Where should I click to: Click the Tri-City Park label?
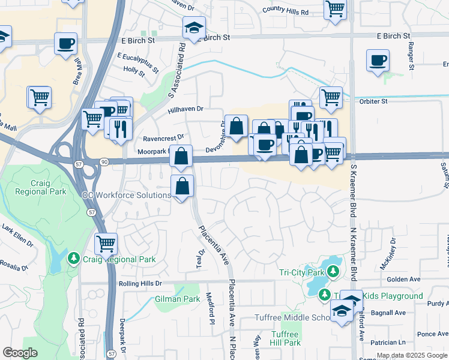tap(301, 272)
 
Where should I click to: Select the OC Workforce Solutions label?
tap(127, 196)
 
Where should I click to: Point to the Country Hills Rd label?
tap(285, 11)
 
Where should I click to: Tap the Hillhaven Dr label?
tap(186, 109)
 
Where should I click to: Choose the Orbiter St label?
tap(373, 101)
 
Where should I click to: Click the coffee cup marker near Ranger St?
tap(378, 61)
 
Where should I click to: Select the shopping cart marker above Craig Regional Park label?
tap(106, 244)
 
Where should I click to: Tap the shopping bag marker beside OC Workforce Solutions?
tap(182, 187)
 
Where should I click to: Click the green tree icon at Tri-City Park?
tap(334, 272)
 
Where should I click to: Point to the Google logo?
tap(20, 353)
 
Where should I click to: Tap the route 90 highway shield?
tap(104, 161)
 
